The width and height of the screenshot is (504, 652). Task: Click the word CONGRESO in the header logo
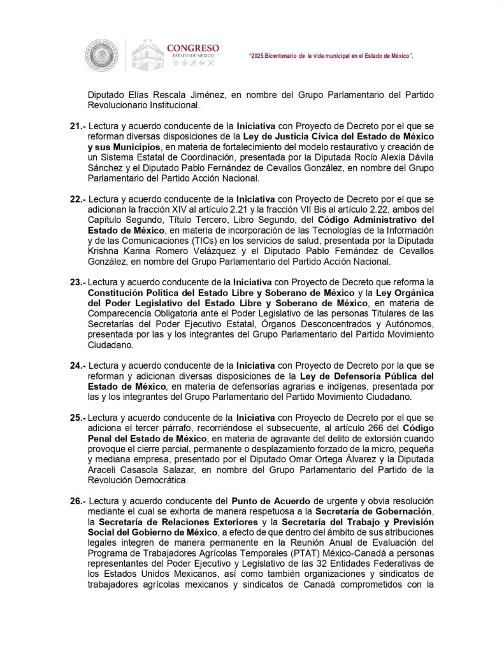[192, 48]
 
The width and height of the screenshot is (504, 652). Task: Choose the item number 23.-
[78, 282]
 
